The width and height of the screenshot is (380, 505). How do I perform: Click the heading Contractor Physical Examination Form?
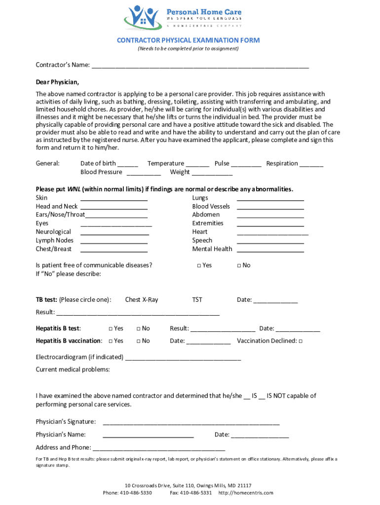pos(188,40)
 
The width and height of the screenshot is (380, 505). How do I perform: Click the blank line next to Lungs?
pos(270,199)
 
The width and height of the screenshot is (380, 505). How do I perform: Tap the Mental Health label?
pos(212,249)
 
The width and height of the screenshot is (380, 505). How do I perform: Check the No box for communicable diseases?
pos(239,265)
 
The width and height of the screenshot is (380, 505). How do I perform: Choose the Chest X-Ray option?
pos(142,300)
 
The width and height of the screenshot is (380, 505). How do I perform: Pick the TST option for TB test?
pos(197,300)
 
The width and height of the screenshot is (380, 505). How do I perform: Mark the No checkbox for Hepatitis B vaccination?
pos(139,341)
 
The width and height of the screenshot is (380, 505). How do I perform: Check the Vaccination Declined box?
pos(301,341)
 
